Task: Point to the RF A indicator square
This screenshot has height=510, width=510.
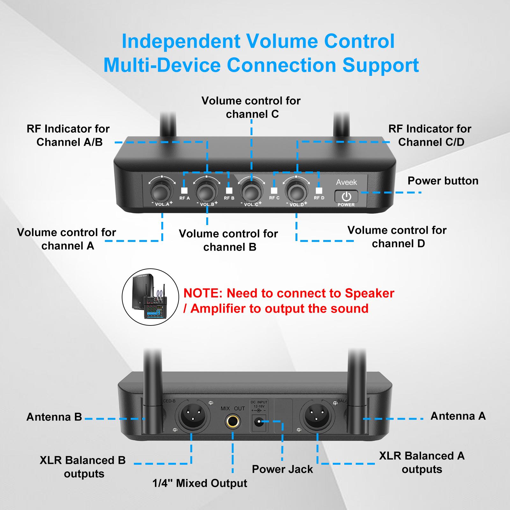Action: pyautogui.click(x=184, y=191)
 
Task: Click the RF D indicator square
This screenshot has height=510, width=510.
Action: pyautogui.click(x=319, y=191)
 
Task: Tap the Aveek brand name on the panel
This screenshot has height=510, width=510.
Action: pyautogui.click(x=346, y=182)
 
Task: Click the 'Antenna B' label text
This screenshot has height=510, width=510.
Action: pyautogui.click(x=54, y=417)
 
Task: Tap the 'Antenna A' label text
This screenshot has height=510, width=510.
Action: pyautogui.click(x=458, y=416)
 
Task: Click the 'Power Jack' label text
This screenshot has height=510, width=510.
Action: pyautogui.click(x=282, y=469)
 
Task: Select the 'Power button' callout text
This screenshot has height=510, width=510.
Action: pyautogui.click(x=443, y=181)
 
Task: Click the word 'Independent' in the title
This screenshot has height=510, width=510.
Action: pyautogui.click(x=181, y=41)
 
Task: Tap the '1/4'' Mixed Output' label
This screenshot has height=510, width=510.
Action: pyautogui.click(x=200, y=483)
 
